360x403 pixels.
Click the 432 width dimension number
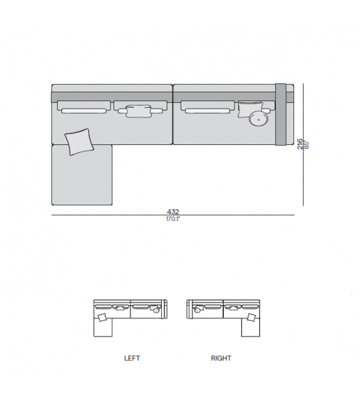(173, 212)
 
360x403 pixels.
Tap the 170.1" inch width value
(173, 219)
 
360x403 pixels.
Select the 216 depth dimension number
(300, 144)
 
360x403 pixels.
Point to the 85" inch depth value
(306, 144)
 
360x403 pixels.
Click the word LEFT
(132, 358)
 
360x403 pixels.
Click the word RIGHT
(221, 358)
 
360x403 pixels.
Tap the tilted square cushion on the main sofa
(79, 142)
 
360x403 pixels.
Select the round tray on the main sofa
(258, 119)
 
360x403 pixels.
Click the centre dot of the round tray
(258, 119)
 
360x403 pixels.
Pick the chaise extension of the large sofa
(82, 175)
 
